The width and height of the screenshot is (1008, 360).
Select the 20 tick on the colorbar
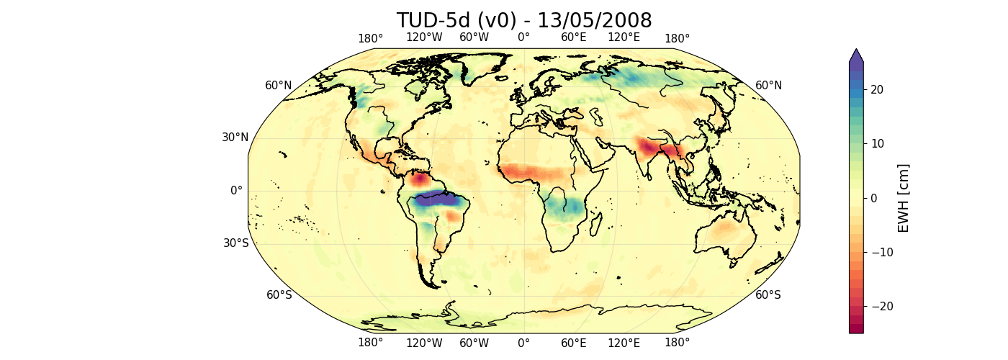878,89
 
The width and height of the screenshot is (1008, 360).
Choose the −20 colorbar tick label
883,306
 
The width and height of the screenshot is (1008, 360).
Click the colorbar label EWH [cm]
904,198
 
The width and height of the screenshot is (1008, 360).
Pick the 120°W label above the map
423,38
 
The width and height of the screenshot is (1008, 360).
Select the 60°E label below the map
574,343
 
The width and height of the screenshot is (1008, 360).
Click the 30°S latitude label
235,243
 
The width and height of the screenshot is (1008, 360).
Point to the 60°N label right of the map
768,86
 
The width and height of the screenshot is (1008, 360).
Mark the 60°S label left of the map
279,295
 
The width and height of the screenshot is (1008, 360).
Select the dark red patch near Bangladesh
652,149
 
